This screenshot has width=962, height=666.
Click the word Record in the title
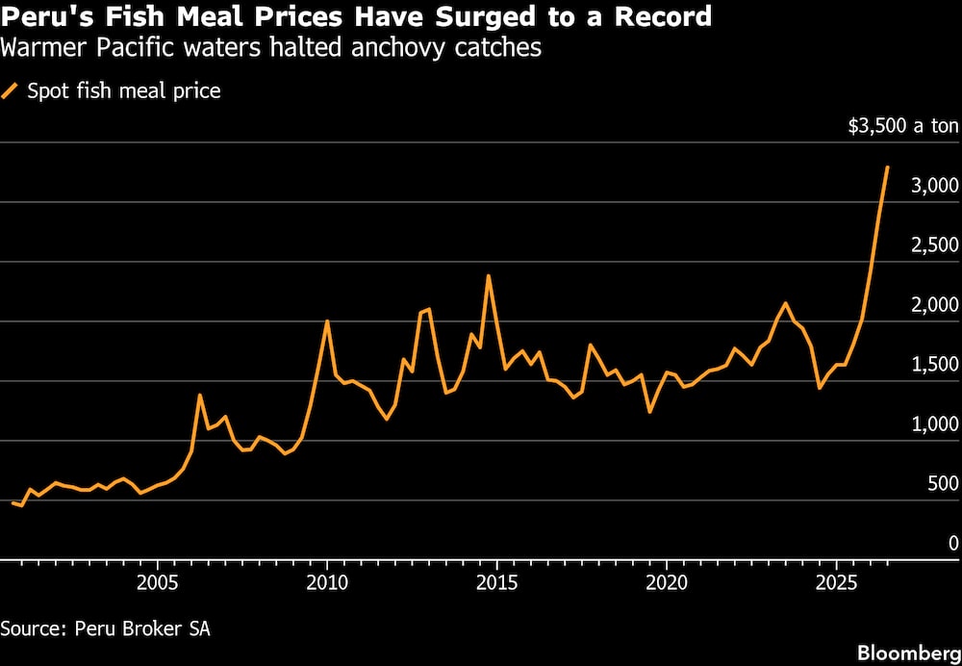pos(662,15)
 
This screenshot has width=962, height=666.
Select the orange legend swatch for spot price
pos(11,91)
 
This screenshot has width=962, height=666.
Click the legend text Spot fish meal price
pos(124,91)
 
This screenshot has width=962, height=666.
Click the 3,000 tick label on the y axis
pos(934,186)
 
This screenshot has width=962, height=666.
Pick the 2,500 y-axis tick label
pos(934,244)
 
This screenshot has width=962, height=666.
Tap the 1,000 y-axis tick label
pos(934,424)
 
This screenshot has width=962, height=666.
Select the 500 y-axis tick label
pos(943,484)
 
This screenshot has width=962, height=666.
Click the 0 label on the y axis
pos(952,543)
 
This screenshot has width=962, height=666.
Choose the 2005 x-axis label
pos(158,581)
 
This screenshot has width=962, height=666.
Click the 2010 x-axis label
pos(327,581)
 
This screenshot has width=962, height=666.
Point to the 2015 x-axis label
pos(496,581)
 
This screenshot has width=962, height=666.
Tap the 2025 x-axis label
pos(836,581)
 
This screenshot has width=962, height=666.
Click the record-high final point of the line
pos(887,166)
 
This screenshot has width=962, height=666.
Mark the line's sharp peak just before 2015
pos(489,275)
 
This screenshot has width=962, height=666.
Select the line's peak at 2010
pos(327,321)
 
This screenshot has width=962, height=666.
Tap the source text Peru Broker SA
pos(142,629)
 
